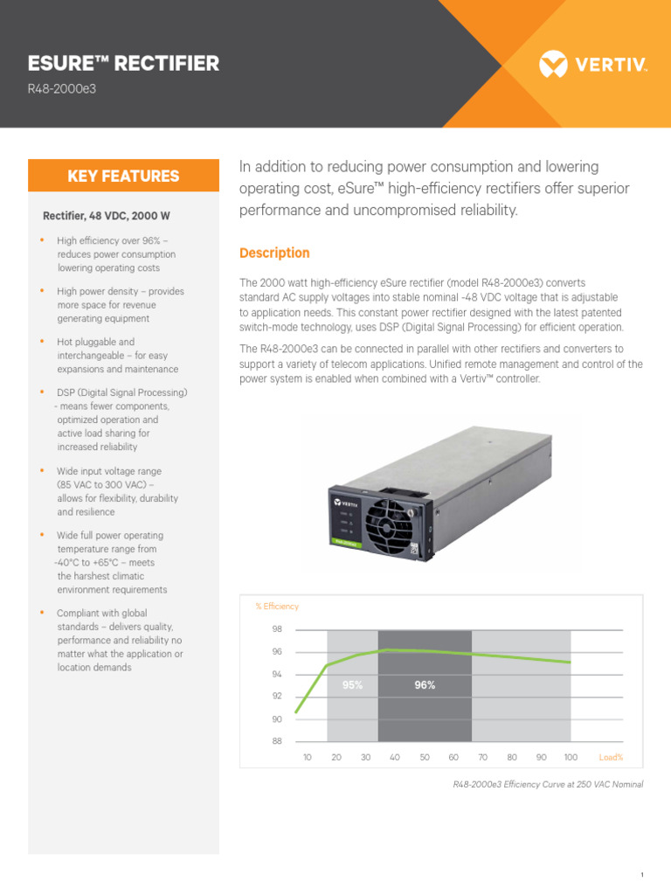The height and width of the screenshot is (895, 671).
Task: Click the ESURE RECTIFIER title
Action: pos(123,63)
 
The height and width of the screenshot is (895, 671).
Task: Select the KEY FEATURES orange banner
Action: pos(123,176)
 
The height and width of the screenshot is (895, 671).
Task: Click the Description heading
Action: pos(274,253)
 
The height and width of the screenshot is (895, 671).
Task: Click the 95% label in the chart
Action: pos(352,685)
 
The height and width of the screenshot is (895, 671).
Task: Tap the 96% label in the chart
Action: pos(425,685)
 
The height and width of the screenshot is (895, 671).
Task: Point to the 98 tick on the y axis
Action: pos(277,629)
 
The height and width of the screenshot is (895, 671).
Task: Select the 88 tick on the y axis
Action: pos(277,742)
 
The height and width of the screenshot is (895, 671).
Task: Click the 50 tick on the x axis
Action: pos(424,757)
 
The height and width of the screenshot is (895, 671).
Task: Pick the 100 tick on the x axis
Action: pos(571,757)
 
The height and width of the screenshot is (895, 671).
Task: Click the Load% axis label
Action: pos(611,757)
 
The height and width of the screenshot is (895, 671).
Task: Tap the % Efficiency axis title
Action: pos(276,606)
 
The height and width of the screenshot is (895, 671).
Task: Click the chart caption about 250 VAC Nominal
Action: pos(548,784)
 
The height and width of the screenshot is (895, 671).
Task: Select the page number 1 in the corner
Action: pos(641,875)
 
